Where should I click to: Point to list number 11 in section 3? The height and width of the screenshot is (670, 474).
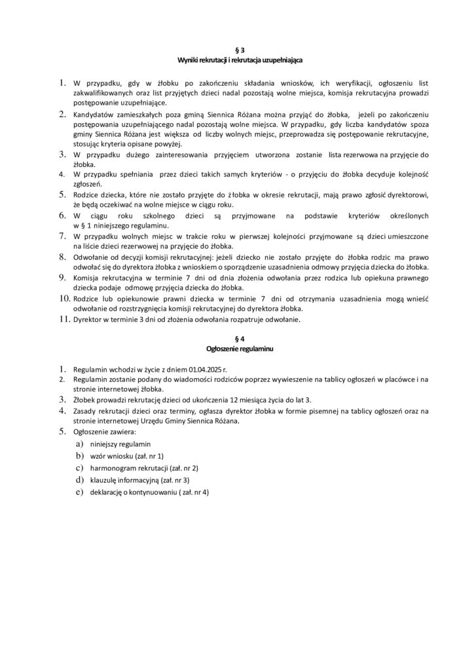click(64, 319)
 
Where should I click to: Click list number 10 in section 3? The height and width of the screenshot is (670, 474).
click(64, 299)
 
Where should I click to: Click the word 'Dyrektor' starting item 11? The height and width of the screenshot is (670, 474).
click(87, 319)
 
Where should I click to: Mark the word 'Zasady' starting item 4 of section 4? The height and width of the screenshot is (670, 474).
click(84, 411)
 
